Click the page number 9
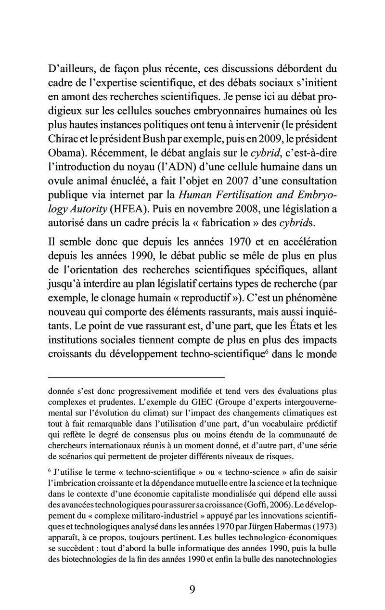(x=192, y=589)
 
